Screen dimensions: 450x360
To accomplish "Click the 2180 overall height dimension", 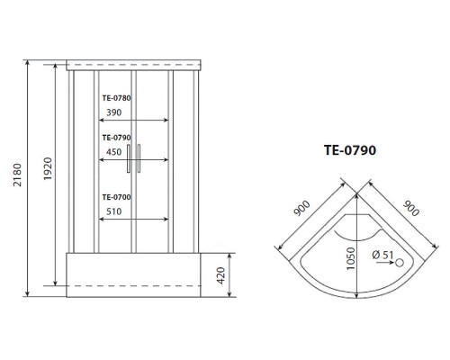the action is tap(17, 175).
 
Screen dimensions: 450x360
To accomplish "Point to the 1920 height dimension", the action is tap(48, 168).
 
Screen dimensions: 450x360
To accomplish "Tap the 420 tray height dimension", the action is tap(220, 275).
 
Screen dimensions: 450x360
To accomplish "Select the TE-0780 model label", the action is tap(116, 98).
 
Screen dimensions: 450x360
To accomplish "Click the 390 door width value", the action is tap(114, 112).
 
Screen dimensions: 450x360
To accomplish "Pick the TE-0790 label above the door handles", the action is tap(116, 138).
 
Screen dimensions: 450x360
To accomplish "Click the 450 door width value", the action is tap(114, 152).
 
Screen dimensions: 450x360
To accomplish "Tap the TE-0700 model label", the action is tap(116, 197).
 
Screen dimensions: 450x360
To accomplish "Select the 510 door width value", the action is tap(114, 211).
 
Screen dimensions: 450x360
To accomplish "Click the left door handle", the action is tap(129, 158).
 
